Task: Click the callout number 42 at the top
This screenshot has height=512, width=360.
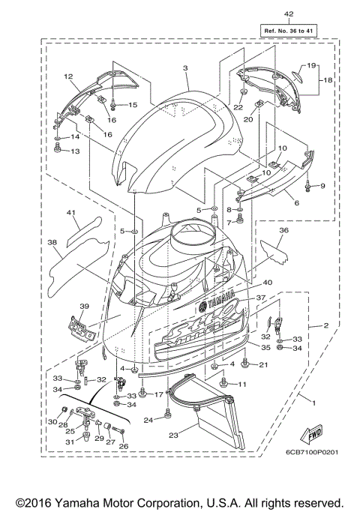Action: point(289,14)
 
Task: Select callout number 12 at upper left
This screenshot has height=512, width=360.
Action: point(67,76)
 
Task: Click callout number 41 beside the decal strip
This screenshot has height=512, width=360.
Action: point(72,213)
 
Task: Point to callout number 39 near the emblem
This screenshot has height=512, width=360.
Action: point(84,307)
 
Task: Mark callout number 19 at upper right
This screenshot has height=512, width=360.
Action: point(311,66)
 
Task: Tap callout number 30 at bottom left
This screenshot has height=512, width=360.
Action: point(52,423)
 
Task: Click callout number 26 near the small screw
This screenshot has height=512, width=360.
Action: point(124,446)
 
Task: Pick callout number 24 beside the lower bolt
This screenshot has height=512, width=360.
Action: point(148,421)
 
